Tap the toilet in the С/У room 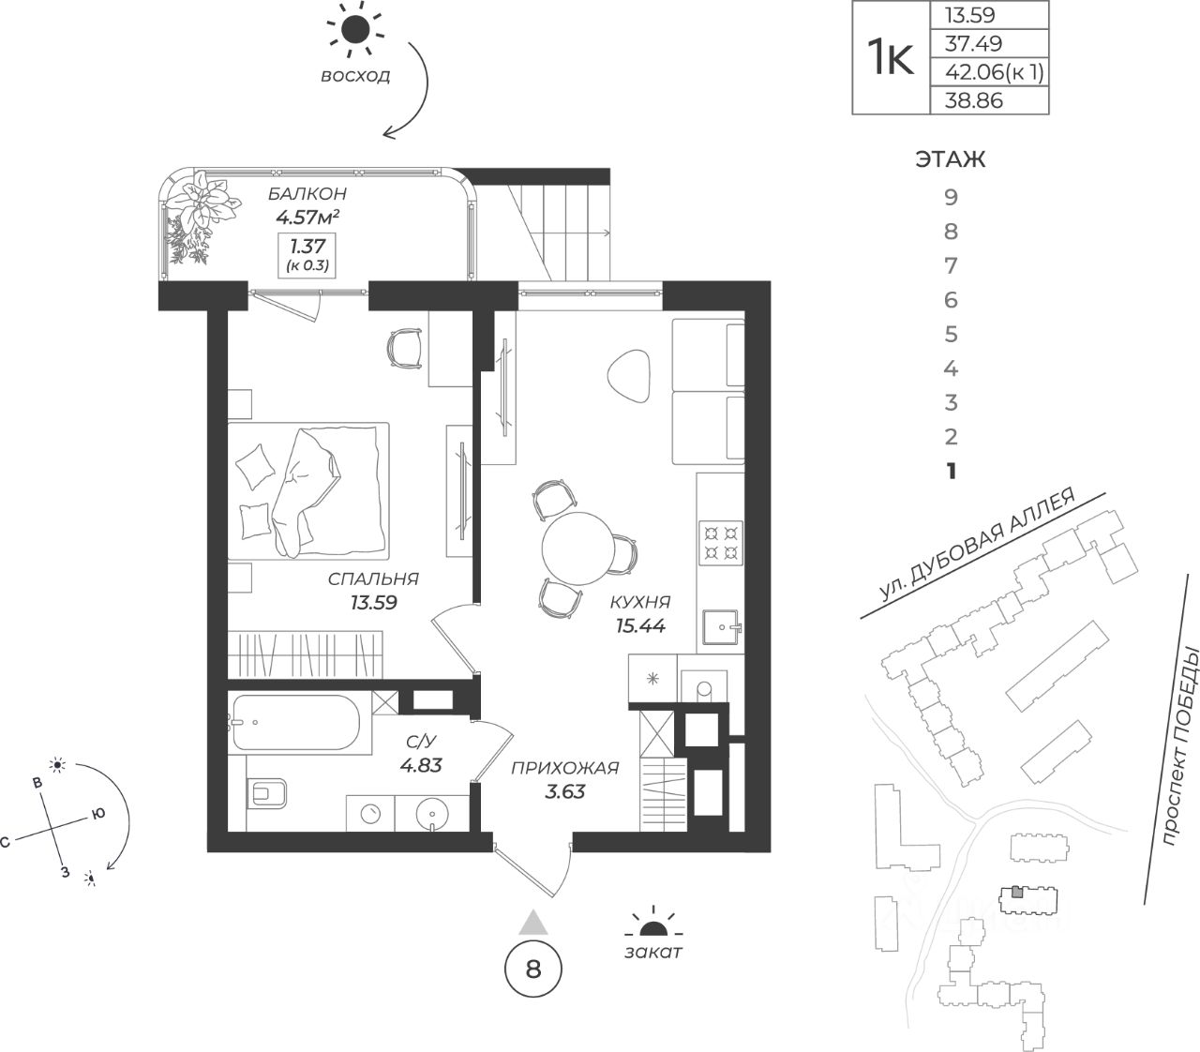point(270,794)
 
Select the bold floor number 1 point(952,471)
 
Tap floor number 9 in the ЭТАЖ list point(952,198)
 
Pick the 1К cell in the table point(890,58)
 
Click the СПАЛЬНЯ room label point(373,579)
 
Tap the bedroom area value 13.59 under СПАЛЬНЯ point(373,602)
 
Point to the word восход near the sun point(355,76)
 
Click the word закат point(652,953)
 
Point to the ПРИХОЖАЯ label point(564,769)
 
